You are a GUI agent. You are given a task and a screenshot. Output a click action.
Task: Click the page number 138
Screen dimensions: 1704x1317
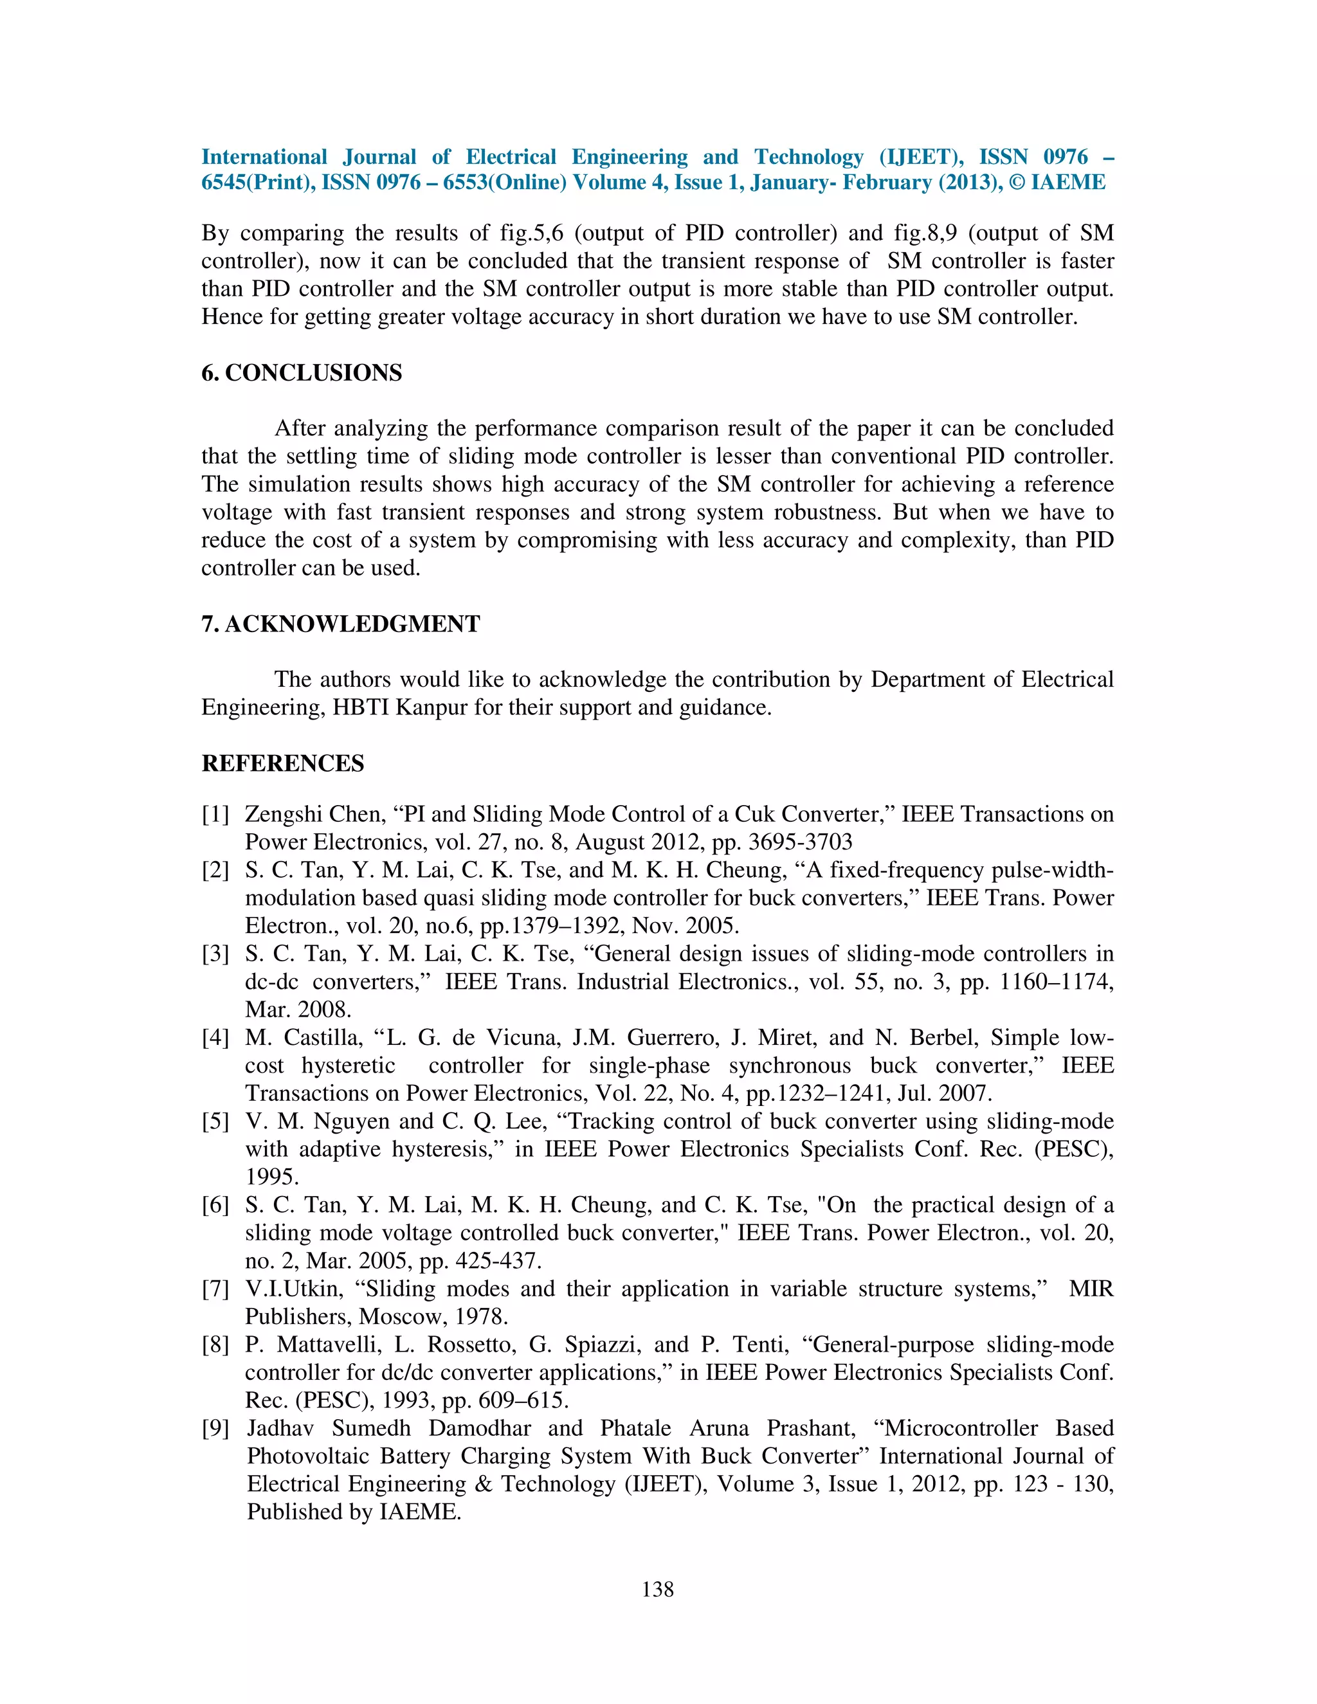pyautogui.click(x=658, y=1590)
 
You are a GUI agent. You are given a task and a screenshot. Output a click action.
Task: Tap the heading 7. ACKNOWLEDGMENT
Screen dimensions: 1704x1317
pyautogui.click(x=340, y=624)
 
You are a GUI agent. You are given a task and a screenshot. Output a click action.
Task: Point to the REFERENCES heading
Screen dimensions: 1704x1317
pyautogui.click(x=282, y=763)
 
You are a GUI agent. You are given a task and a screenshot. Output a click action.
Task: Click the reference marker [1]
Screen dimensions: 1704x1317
pyautogui.click(x=215, y=815)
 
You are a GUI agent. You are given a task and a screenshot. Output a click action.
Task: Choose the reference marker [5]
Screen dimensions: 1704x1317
pyautogui.click(x=215, y=1121)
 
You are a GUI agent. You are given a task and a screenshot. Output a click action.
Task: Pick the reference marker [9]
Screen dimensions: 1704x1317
pyautogui.click(x=215, y=1428)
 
